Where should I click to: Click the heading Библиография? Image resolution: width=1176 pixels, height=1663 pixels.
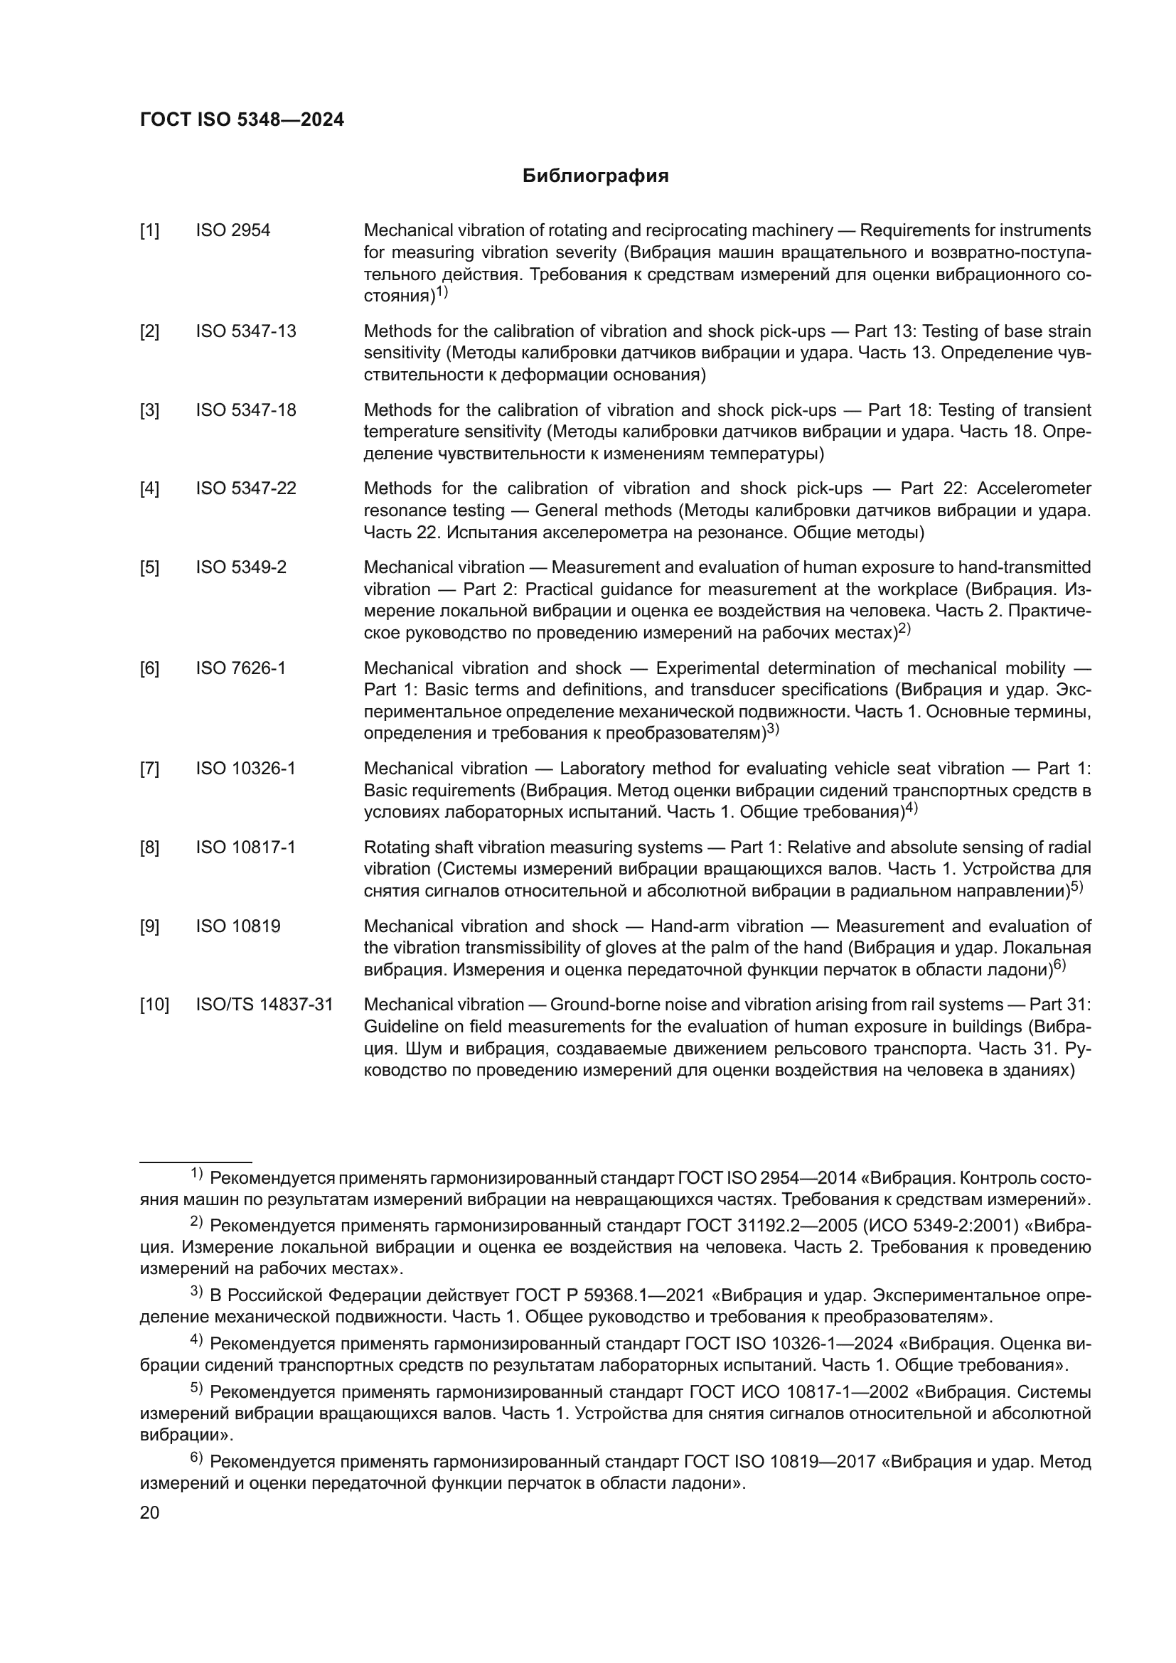595,176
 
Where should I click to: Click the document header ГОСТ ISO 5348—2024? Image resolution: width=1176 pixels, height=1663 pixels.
242,120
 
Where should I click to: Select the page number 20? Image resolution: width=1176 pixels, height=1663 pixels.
149,1512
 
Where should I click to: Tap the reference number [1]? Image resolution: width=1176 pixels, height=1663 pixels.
149,230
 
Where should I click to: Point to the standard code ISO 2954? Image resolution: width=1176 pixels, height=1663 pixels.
232,230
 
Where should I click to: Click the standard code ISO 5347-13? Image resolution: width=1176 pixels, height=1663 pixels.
245,331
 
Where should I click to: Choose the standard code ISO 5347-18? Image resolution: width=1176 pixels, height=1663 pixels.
245,410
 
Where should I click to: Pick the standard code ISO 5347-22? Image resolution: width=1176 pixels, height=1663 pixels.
245,488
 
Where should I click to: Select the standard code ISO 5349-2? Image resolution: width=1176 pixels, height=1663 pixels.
240,567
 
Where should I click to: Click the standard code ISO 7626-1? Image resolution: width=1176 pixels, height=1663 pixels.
240,668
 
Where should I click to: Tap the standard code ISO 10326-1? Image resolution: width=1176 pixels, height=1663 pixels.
245,768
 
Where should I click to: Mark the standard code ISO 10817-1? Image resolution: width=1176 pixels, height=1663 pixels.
245,847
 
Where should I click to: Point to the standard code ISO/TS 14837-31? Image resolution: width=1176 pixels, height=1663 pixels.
264,1005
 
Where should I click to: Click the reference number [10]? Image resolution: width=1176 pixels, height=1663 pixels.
154,1005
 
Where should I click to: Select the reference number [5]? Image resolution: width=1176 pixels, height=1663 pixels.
149,567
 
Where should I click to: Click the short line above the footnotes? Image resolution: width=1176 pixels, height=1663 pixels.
196,1162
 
